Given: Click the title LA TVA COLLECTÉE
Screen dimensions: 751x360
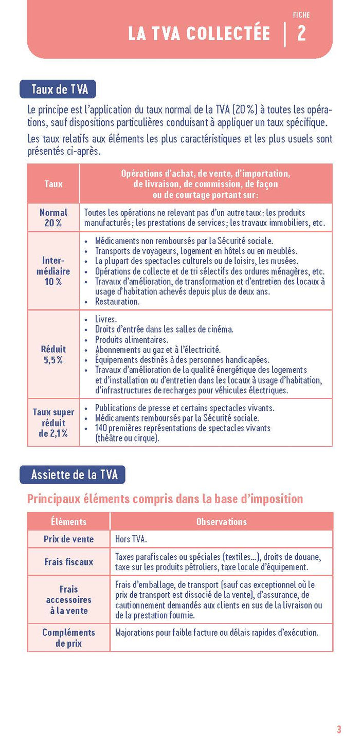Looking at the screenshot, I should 199,34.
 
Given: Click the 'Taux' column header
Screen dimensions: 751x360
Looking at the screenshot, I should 53,184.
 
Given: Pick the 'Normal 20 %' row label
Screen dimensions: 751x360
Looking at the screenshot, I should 53,217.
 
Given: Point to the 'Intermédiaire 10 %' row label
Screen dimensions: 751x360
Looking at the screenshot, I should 53,271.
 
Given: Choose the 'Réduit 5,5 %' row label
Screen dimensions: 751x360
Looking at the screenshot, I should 53,355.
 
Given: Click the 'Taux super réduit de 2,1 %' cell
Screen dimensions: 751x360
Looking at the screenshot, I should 53,423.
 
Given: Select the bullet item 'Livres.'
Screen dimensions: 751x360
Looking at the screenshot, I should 106,319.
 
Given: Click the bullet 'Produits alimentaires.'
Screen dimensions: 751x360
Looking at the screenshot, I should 131,340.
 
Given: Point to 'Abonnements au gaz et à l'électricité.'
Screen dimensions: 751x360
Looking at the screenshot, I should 157,350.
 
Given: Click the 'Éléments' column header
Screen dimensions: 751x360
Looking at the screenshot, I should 68,521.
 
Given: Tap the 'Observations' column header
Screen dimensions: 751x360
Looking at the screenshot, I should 222,521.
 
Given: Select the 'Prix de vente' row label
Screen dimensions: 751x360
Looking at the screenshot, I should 68,539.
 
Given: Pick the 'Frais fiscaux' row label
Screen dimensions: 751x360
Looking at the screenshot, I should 68,562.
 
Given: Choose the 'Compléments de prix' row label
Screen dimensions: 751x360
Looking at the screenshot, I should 68,637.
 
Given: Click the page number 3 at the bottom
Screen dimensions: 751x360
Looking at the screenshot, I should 339,729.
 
